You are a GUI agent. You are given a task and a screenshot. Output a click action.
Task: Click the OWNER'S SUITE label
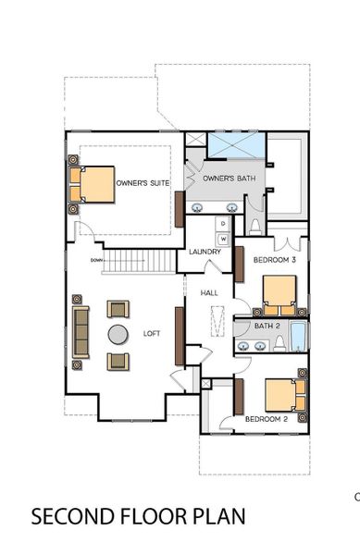[142, 183]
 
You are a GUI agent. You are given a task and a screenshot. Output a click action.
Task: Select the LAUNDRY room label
[204, 252]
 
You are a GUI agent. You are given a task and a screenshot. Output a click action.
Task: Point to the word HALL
[209, 293]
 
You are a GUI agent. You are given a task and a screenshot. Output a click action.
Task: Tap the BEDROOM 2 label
[267, 419]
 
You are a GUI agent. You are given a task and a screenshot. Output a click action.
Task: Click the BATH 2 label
[267, 326]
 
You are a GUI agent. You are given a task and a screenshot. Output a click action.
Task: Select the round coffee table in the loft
[118, 334]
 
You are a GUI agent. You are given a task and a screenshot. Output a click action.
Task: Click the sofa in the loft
[81, 333]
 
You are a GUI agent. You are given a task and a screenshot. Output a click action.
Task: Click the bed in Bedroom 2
[282, 395]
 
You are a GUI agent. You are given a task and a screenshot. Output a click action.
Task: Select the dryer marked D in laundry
[222, 225]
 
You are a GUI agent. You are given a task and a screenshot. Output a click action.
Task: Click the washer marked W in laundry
[222, 238]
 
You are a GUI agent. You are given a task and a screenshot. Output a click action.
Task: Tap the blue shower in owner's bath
[235, 145]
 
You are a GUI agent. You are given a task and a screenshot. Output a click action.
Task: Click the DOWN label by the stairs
[95, 260]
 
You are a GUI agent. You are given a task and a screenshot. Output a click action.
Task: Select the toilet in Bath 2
[278, 344]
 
